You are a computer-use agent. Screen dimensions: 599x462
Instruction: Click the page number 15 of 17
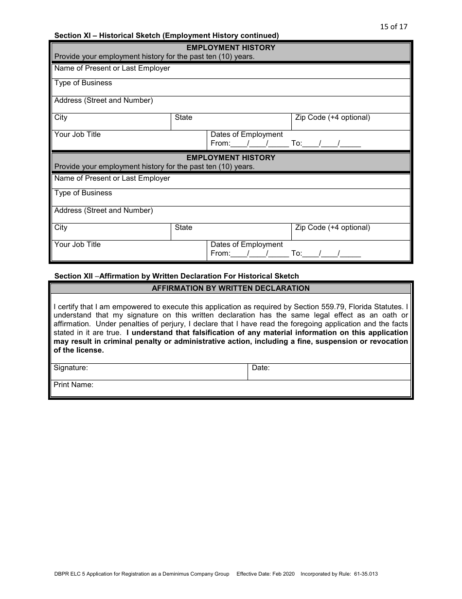(x=393, y=27)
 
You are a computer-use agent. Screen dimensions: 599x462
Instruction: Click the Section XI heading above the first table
(x=166, y=36)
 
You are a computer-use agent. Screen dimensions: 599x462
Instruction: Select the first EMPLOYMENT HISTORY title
(x=231, y=48)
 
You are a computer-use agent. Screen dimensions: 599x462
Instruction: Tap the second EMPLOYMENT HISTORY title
(x=231, y=158)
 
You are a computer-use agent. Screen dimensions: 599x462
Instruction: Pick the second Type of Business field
(x=231, y=196)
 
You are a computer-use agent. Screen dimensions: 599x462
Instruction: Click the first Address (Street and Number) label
(x=104, y=101)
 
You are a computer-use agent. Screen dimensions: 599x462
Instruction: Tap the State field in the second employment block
(x=231, y=231)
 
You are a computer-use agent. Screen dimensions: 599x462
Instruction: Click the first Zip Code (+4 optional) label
(x=332, y=118)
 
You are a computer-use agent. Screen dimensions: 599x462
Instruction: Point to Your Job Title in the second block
(x=78, y=245)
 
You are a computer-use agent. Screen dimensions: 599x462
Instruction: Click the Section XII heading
(x=177, y=276)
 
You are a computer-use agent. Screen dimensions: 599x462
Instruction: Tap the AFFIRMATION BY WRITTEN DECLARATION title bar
(x=231, y=288)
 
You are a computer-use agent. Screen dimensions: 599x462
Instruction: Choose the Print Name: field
(x=231, y=388)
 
